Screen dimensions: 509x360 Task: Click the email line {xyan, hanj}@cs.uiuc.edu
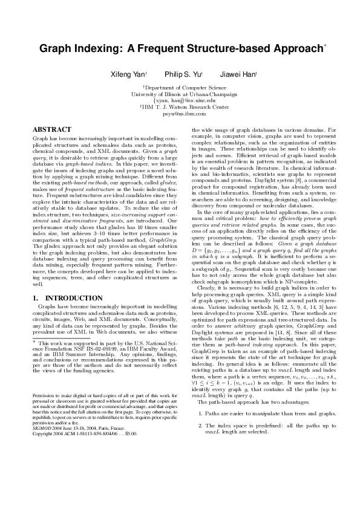coord(180,101)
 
